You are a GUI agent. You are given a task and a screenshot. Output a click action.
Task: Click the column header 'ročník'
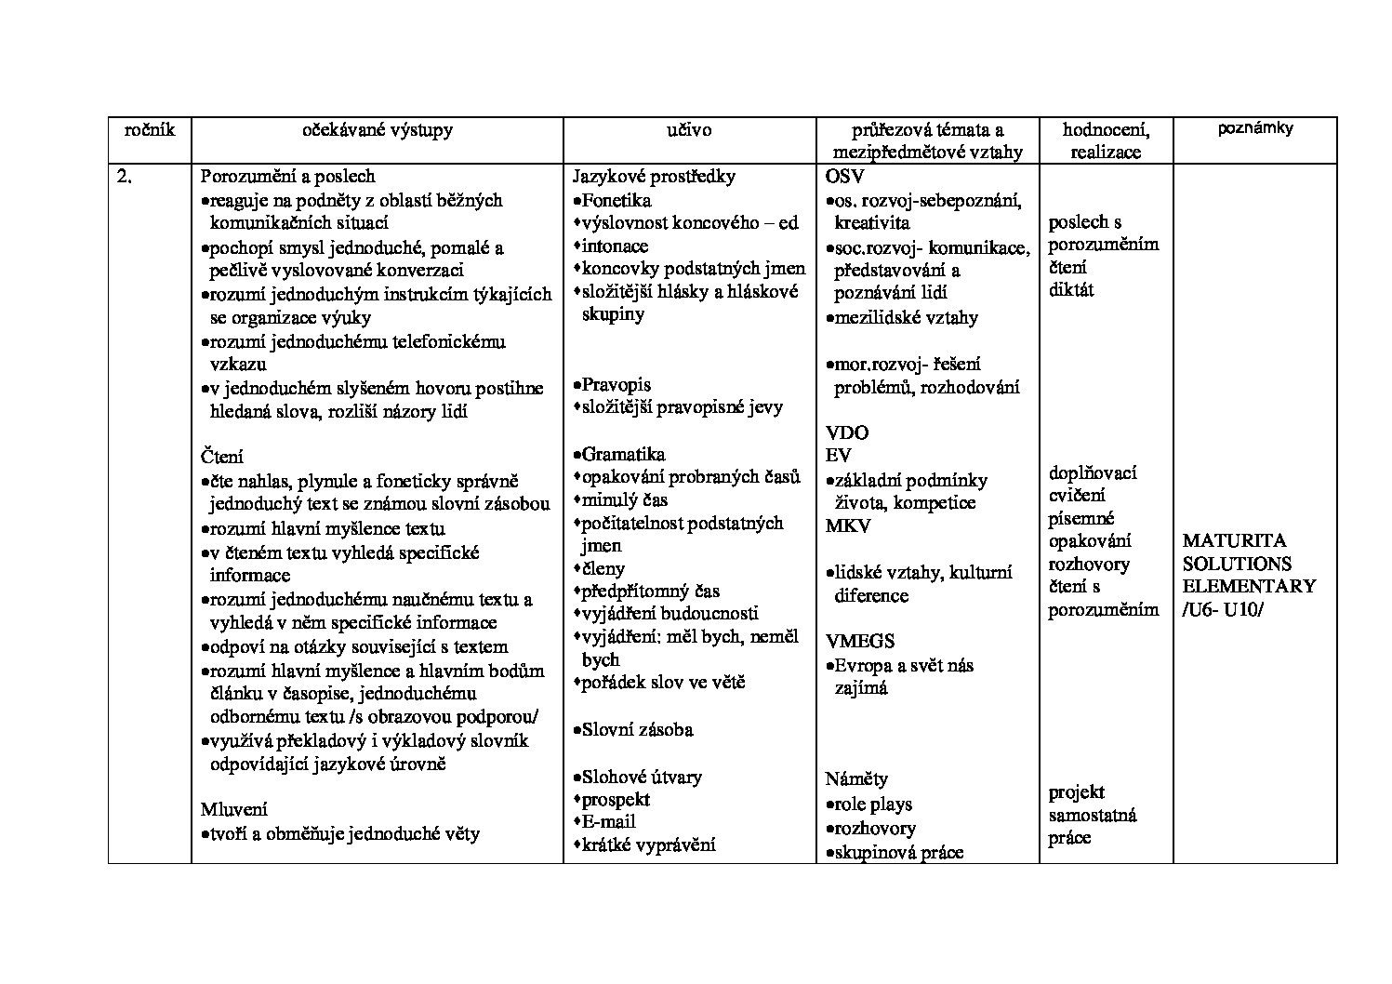[x=150, y=130]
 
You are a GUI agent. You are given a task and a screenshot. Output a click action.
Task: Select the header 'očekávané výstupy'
[x=378, y=130]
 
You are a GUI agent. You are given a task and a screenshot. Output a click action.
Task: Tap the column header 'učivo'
[x=689, y=130]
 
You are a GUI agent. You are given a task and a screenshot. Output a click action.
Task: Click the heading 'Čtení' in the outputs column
[x=222, y=457]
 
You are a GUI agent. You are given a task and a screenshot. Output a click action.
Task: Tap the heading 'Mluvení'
[x=234, y=809]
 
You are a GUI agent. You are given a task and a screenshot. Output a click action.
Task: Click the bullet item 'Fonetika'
[x=616, y=200]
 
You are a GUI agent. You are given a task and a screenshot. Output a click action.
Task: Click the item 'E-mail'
[x=608, y=821]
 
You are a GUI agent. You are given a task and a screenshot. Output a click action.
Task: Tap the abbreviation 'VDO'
[x=846, y=432]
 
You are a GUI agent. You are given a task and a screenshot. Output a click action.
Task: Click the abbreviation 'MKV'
[x=848, y=525]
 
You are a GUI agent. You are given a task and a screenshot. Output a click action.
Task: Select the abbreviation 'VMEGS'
[x=860, y=641]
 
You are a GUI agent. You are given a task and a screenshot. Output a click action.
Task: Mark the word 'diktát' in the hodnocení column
[x=1071, y=289]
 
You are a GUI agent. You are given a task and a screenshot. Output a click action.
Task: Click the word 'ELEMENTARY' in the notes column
[x=1249, y=586]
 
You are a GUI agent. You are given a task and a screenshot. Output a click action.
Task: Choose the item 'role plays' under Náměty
[x=873, y=804]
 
